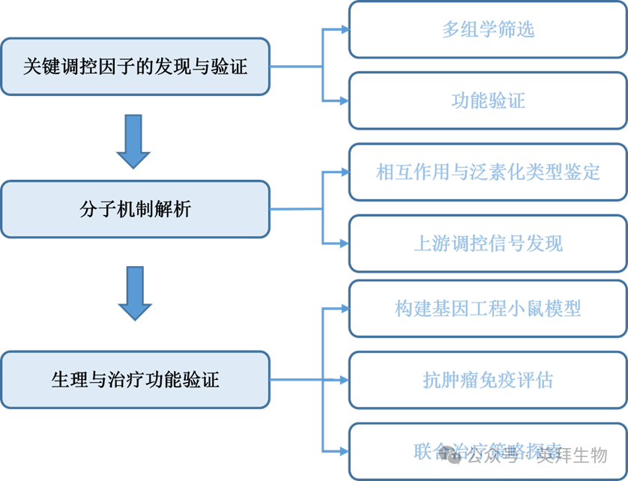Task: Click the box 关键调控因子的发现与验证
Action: click(135, 67)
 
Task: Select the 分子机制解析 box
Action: click(135, 209)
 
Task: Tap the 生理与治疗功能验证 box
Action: click(135, 379)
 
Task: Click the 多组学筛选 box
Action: click(488, 30)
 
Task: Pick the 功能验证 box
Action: click(488, 100)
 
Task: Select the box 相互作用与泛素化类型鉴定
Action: click(488, 172)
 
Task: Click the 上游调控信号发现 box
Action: click(488, 243)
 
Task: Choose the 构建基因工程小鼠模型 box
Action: click(488, 308)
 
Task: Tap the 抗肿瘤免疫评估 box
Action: click(488, 379)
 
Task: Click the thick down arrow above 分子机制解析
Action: click(133, 142)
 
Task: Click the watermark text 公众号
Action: click(492, 454)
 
